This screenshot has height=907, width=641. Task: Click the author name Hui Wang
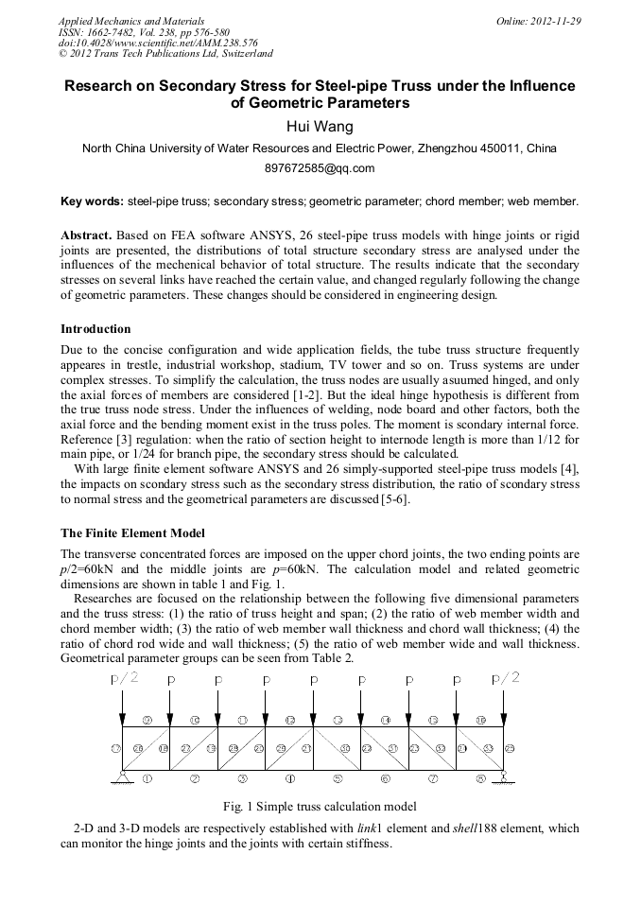320,126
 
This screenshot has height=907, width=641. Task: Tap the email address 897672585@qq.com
320,168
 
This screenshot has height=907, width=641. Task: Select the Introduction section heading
95,329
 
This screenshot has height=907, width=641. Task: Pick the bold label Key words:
92,201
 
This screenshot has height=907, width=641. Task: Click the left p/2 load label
126,677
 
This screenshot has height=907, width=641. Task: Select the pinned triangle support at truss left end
122,778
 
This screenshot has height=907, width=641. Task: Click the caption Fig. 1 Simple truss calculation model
320,807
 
